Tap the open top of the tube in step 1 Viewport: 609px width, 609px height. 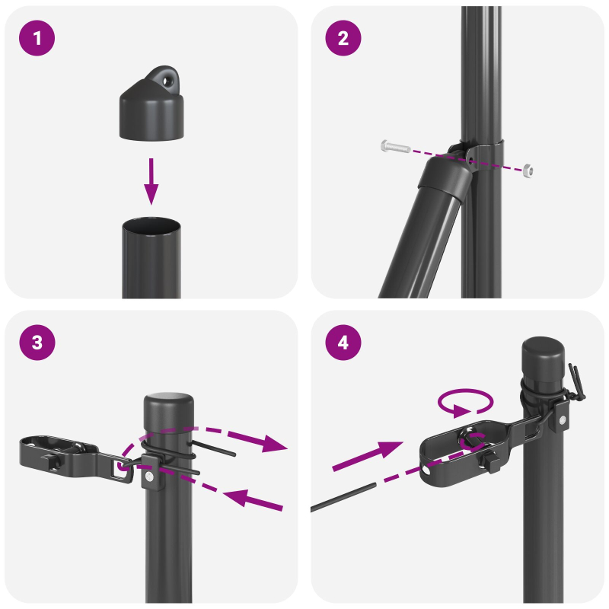[x=152, y=227]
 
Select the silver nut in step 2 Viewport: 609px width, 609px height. [x=527, y=169]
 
